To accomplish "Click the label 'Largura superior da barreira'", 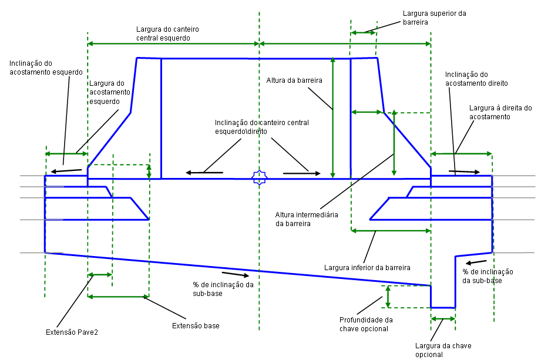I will coord(434,18).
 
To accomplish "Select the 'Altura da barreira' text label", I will coord(294,80).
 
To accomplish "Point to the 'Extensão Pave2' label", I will coord(72,332).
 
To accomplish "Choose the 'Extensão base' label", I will coord(196,325).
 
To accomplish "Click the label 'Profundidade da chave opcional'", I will coord(365,324).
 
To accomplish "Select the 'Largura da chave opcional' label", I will coord(443,350).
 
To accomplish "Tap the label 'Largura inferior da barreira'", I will coord(367,268).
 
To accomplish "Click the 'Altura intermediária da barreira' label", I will coord(307,219).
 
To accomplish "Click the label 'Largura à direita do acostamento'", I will coord(500,113).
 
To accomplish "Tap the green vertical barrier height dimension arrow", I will coord(332,117).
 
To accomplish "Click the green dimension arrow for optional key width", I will coord(443,318).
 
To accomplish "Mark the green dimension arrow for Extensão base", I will coord(118,297).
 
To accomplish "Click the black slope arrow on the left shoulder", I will coord(66,171).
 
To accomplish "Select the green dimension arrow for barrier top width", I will coord(364,32).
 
